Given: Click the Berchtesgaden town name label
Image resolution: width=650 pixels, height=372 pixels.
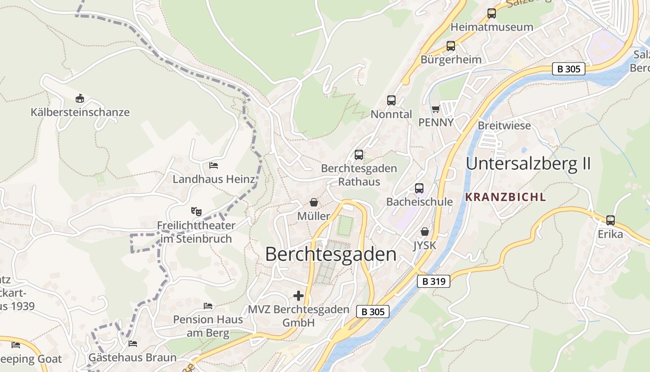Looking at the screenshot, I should (331, 254).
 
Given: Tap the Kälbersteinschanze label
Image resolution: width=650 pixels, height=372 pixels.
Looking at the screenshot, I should (80, 112).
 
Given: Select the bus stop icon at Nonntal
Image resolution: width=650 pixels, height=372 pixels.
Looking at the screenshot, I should (391, 100).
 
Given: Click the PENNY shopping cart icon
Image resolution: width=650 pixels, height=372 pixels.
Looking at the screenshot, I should (435, 109).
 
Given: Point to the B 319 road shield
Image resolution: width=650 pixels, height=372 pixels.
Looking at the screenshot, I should (434, 281).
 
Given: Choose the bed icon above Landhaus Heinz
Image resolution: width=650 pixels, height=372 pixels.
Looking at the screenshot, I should (214, 165).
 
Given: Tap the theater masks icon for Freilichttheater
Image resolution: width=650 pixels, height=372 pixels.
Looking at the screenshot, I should (196, 212).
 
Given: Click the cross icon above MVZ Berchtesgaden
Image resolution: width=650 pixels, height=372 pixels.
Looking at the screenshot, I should (299, 296).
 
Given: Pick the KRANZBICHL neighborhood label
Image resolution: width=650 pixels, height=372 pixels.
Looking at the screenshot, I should (506, 197).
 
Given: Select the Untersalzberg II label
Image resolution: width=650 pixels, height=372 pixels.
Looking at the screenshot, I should (528, 164).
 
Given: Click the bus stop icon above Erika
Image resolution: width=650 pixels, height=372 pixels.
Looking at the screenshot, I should (610, 220).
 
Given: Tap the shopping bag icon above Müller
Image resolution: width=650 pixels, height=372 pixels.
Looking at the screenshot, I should (314, 202).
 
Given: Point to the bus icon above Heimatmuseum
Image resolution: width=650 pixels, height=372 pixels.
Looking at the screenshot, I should (492, 13).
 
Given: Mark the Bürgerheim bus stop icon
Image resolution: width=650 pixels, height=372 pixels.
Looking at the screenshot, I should (451, 46).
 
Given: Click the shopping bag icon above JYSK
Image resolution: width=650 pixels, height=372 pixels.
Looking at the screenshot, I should (425, 231).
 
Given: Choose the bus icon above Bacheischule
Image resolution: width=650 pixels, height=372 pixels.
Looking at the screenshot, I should (419, 188).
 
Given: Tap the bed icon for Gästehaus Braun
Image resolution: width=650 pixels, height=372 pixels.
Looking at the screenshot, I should (133, 344).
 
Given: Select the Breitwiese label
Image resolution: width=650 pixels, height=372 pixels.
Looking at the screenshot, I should (504, 126).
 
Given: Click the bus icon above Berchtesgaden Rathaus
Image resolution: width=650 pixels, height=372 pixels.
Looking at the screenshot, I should (359, 155).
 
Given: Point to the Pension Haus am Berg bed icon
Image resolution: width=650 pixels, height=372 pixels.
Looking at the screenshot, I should (208, 306).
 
